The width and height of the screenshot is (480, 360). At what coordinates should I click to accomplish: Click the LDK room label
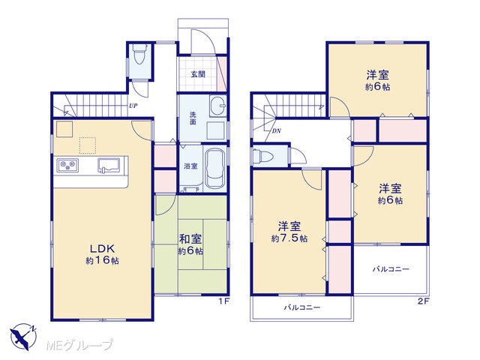pos(102,247)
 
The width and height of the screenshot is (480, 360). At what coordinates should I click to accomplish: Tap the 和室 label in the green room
pos(190,238)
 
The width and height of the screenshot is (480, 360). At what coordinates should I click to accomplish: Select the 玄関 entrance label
pos(198,74)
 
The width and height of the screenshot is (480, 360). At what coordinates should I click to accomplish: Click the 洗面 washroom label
pos(193,118)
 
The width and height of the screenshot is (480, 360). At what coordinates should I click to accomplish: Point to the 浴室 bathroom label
pos(190,166)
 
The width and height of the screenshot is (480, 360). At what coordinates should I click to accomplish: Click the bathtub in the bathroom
pos(214,169)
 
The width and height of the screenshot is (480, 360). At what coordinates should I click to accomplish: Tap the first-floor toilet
pos(140,54)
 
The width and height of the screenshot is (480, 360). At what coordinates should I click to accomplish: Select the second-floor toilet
pos(262,157)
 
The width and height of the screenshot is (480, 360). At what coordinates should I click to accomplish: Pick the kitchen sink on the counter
pos(109,166)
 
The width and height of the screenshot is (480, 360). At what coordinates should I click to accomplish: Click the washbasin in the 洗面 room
pos(217,106)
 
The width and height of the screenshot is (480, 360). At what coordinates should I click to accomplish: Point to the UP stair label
pos(133,106)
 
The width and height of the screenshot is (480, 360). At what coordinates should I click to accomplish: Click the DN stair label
pos(277,131)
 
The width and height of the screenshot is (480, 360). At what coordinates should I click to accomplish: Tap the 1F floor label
pos(223,301)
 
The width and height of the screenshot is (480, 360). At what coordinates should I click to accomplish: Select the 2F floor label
pos(424,301)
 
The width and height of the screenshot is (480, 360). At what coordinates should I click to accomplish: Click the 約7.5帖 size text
pos(289,238)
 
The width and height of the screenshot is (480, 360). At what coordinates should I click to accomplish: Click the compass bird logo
pos(24,337)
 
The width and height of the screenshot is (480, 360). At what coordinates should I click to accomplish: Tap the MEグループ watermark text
pos(79,345)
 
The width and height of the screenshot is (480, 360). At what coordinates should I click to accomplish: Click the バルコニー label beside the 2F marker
pos(391,269)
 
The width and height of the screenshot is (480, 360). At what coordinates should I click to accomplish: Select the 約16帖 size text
pos(102,260)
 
